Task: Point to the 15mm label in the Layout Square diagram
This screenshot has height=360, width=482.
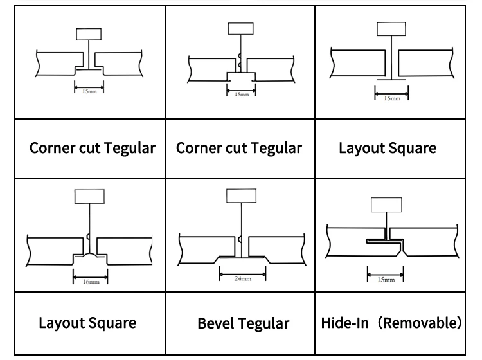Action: tap(391, 98)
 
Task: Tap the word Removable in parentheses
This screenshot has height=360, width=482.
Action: tap(418, 321)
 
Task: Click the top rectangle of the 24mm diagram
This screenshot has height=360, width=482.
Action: tap(240, 196)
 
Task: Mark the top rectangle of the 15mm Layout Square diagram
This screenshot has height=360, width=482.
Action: tap(391, 30)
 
